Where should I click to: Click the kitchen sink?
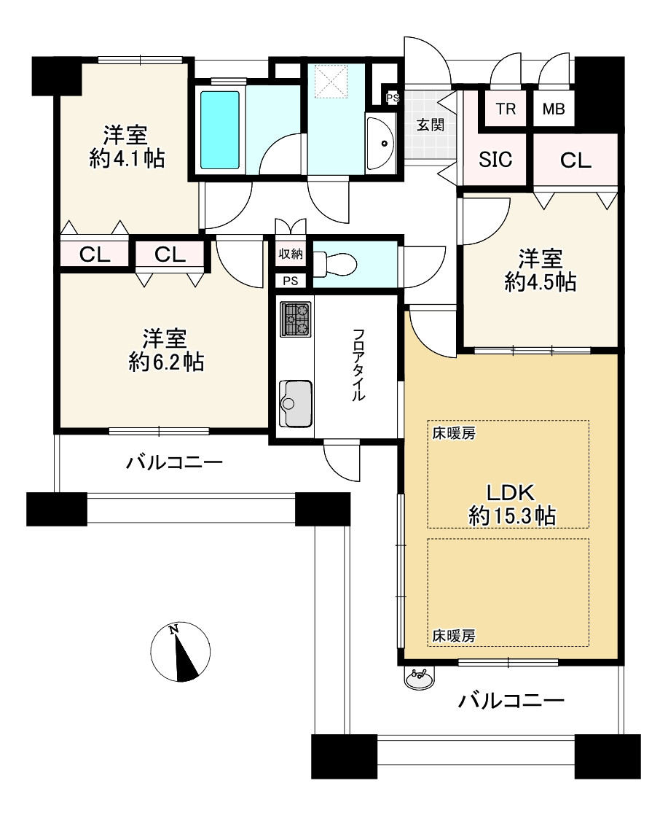click(295, 403)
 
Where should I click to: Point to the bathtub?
click(219, 130)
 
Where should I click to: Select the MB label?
click(553, 109)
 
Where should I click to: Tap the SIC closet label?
click(495, 160)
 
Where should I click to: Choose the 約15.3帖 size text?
click(512, 516)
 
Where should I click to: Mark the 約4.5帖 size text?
click(541, 281)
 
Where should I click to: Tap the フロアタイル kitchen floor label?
click(358, 365)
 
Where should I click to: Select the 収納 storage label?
click(291, 254)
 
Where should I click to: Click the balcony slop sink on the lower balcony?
click(419, 679)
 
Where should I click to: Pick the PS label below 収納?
click(291, 280)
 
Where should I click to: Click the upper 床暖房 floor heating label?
click(454, 434)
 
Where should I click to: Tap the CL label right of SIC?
click(575, 160)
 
